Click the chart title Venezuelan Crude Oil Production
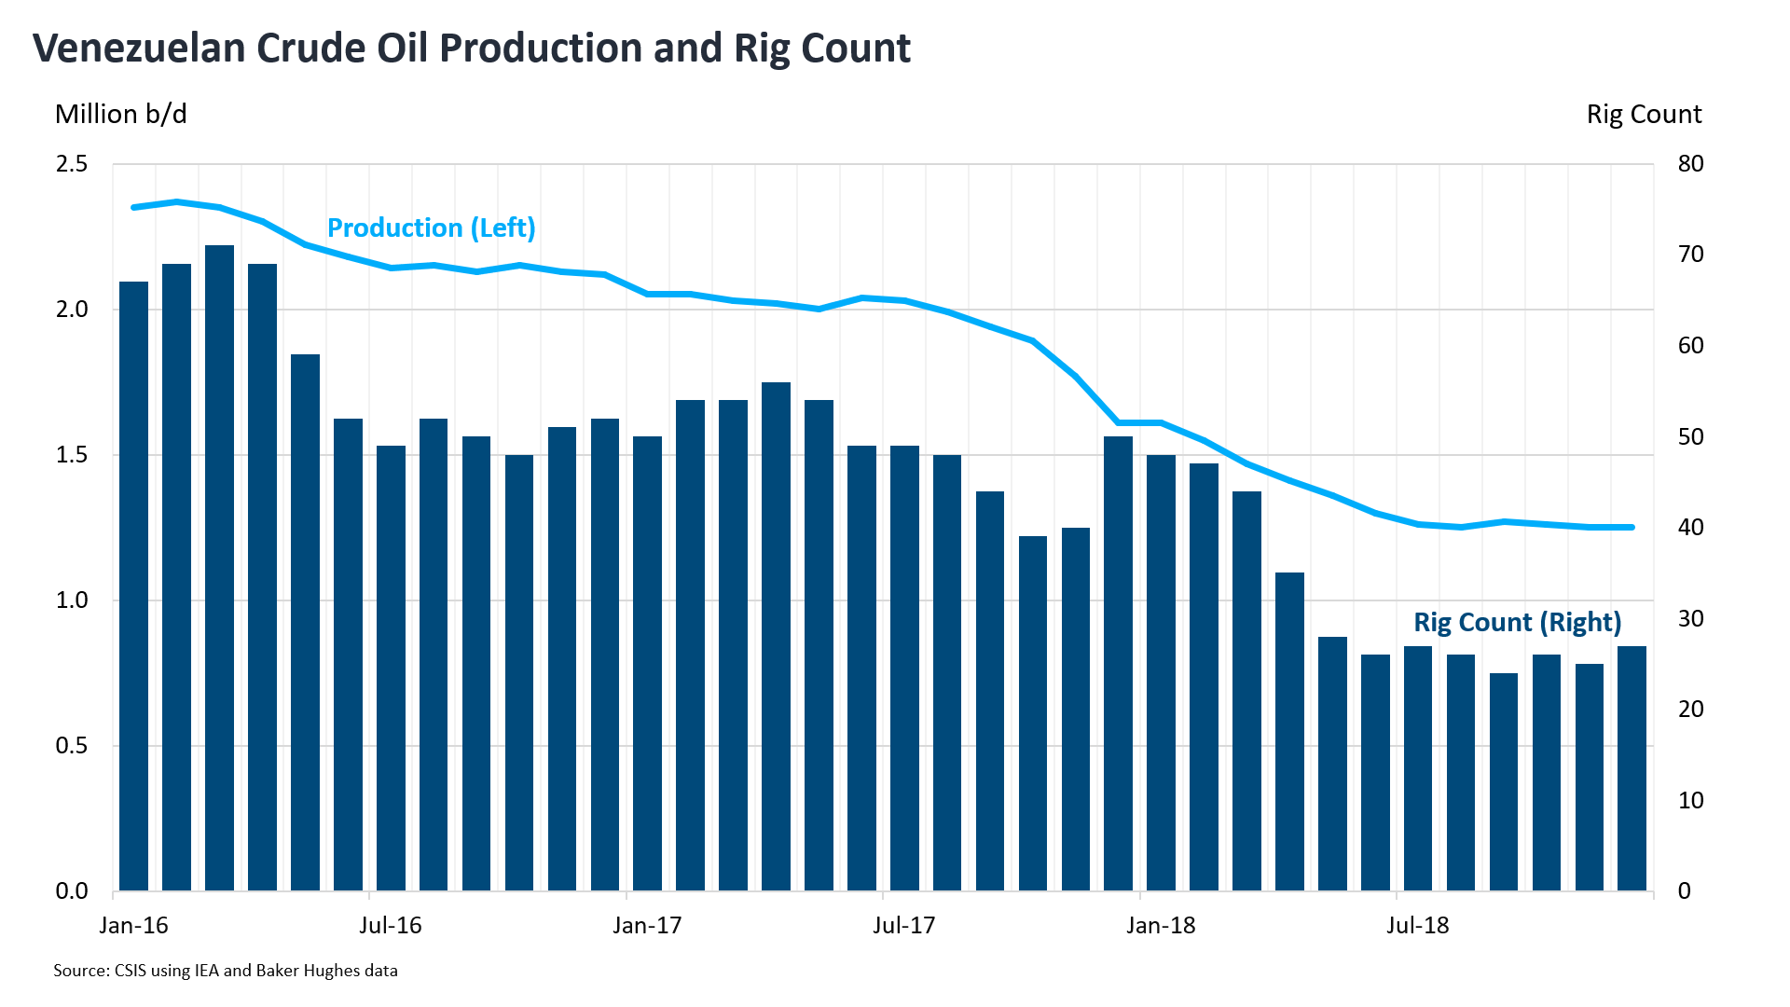pyautogui.click(x=471, y=48)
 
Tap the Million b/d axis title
pyautogui.click(x=121, y=114)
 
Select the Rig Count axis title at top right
pyautogui.click(x=1644, y=114)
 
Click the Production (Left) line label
pyautogui.click(x=431, y=228)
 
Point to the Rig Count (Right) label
pyautogui.click(x=1517, y=622)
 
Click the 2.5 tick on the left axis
pyautogui.click(x=72, y=164)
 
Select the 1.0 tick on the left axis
pyautogui.click(x=72, y=600)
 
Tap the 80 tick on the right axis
pyautogui.click(x=1689, y=164)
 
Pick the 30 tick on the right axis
pyautogui.click(x=1689, y=618)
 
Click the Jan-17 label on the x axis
pyautogui.click(x=647, y=925)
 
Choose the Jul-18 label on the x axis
pyautogui.click(x=1417, y=925)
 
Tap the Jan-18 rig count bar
pyautogui.click(x=1161, y=671)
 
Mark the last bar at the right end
pyautogui.click(x=1632, y=768)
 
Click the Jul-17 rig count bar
pyautogui.click(x=904, y=668)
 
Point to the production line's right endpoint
pyautogui.click(x=1632, y=527)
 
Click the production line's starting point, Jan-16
pyautogui.click(x=134, y=207)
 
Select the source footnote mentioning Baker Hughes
pyautogui.click(x=226, y=971)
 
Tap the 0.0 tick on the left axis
pyautogui.click(x=72, y=891)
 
